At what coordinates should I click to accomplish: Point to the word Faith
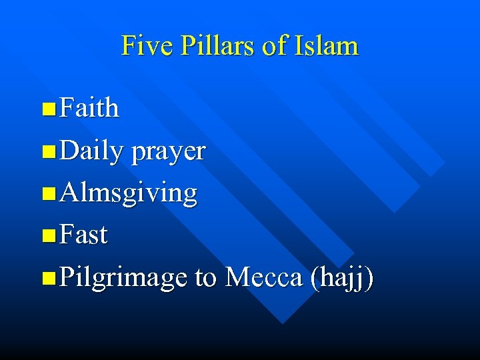tap(89, 108)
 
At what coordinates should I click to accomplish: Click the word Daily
tap(91, 151)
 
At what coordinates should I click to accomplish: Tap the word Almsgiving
tap(128, 194)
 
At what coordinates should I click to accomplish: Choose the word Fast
tap(83, 235)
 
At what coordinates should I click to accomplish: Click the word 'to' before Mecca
tap(206, 277)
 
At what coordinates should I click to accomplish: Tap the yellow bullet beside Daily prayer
tap(48, 152)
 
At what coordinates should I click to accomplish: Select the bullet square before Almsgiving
tap(48, 194)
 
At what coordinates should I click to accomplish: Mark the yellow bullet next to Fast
tap(48, 236)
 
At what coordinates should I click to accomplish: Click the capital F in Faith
tap(67, 108)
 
